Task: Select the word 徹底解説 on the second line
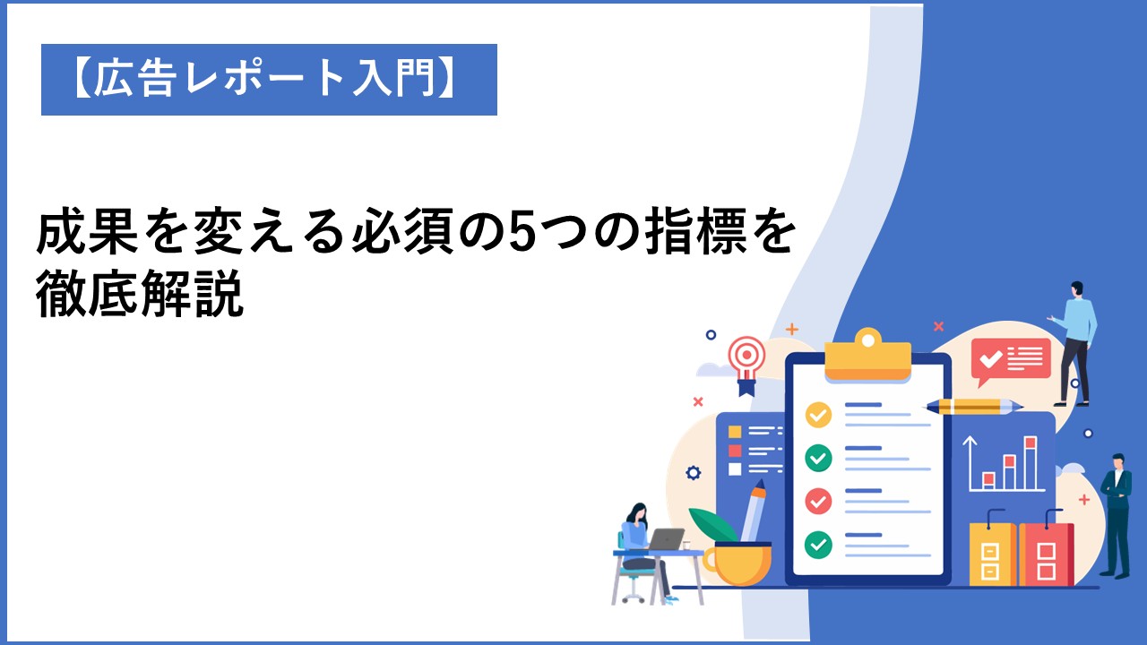[139, 294]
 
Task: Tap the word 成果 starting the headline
[88, 232]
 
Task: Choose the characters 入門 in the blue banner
[394, 79]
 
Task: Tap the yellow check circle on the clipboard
[818, 415]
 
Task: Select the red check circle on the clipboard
[818, 501]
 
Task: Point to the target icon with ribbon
[746, 365]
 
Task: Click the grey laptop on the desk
[665, 539]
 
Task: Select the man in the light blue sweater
[1074, 343]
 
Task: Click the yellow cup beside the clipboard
[737, 563]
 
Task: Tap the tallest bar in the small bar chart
[1031, 463]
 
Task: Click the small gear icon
[693, 473]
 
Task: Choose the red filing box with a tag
[1046, 550]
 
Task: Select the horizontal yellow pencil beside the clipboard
[974, 407]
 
